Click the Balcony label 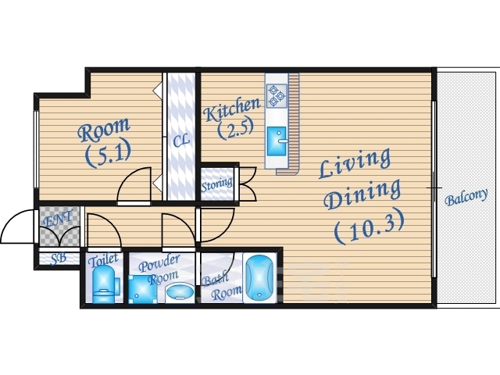point(466,197)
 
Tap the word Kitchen point(232,109)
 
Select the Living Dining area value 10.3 point(370,226)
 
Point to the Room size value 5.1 point(108,155)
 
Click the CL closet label point(181,140)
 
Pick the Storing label point(217,184)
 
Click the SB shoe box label point(59,259)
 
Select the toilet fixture point(105,284)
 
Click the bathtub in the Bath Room point(259,277)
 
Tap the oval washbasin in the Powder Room point(180,291)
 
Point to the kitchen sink point(277,141)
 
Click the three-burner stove point(277,95)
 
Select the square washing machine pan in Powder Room point(142,289)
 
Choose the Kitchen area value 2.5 point(235,129)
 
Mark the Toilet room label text point(104,259)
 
